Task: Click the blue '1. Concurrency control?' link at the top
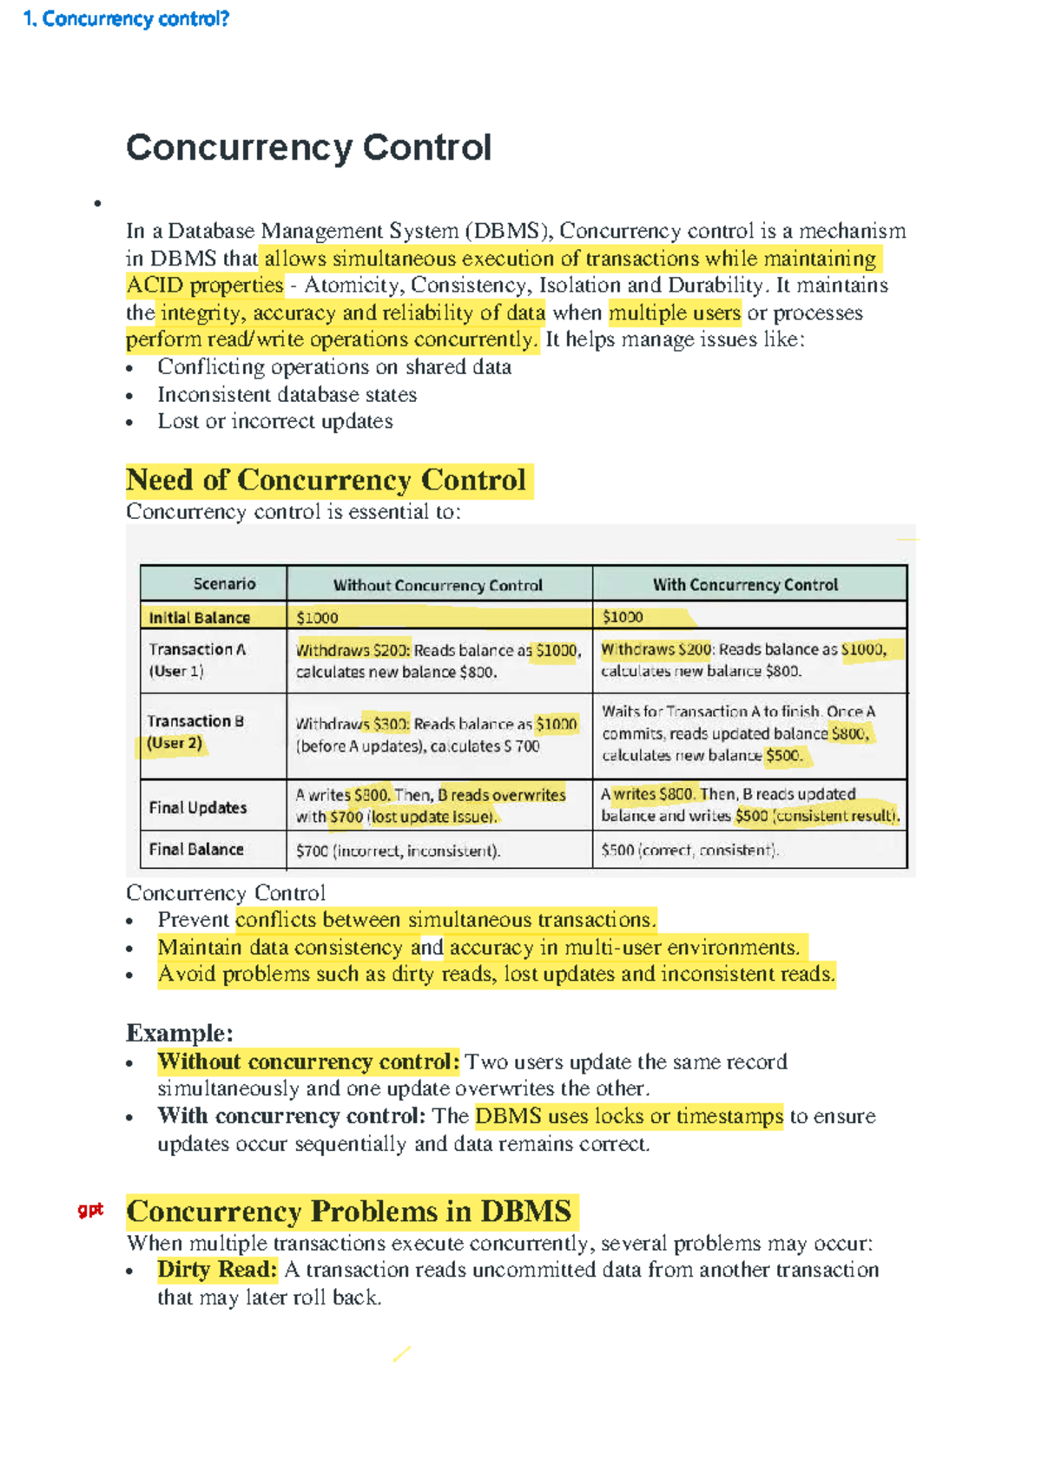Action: tap(126, 19)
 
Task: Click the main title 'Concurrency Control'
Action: tap(308, 148)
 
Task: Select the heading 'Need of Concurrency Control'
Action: tap(326, 480)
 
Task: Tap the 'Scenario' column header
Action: tap(224, 584)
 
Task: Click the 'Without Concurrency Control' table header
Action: tap(438, 585)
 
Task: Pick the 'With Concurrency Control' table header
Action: tap(745, 585)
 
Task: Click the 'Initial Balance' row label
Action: tap(200, 618)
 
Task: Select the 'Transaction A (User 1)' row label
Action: tap(197, 660)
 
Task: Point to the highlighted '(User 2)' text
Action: tap(175, 744)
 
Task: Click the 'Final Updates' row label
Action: tap(198, 808)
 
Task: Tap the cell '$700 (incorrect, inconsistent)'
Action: tap(398, 851)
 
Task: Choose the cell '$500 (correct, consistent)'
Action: tap(689, 851)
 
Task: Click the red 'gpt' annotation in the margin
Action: tap(90, 1209)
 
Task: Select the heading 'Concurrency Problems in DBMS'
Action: tap(349, 1212)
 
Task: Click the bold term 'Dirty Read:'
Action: tap(217, 1270)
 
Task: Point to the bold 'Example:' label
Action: tap(180, 1033)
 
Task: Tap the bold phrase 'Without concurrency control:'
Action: tap(308, 1061)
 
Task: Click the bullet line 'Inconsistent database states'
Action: tap(287, 395)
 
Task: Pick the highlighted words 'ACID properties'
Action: tap(205, 286)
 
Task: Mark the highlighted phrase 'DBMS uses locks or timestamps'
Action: tap(629, 1116)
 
